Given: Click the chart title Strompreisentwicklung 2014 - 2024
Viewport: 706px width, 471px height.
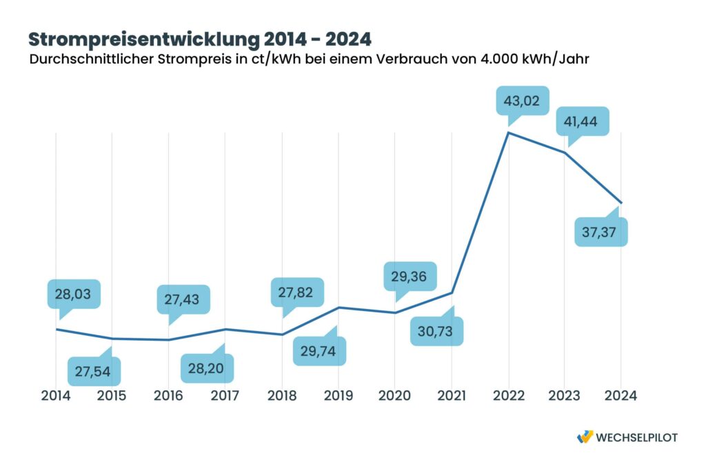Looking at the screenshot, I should click(x=199, y=38).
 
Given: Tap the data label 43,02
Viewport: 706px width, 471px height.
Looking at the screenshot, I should click(x=523, y=101).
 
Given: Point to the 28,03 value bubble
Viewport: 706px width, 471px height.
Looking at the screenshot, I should click(x=74, y=293).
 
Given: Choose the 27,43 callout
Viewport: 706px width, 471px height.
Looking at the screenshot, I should click(x=183, y=299).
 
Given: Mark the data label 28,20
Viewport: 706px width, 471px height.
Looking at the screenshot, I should click(x=207, y=369).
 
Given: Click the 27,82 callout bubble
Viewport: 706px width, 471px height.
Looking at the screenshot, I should click(x=296, y=292).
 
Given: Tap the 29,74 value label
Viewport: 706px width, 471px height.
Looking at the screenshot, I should click(x=319, y=350).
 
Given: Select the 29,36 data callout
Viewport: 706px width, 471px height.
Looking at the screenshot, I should click(x=409, y=276).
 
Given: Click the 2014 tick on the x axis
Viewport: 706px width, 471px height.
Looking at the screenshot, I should click(x=56, y=396).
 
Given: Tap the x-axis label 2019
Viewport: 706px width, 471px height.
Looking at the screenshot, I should click(x=338, y=396).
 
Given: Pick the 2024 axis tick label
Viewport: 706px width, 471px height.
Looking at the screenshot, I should click(x=620, y=396).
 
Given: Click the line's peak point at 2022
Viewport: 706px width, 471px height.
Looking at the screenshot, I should click(x=508, y=132).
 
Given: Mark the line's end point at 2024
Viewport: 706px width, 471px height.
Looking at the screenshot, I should click(x=621, y=203).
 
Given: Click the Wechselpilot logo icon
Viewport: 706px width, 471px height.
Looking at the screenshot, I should click(x=585, y=437).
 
